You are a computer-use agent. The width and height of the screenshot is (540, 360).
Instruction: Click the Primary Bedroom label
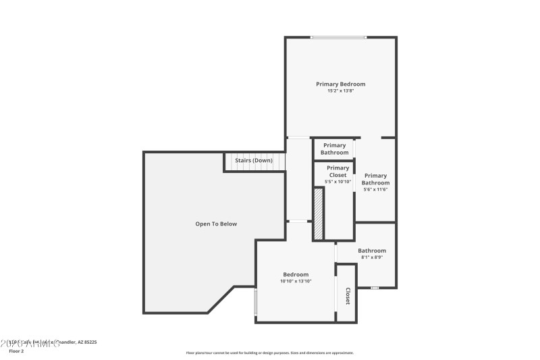click(340, 84)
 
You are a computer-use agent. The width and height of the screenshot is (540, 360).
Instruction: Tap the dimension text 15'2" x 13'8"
click(340, 91)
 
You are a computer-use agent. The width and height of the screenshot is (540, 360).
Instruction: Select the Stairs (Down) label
click(253, 161)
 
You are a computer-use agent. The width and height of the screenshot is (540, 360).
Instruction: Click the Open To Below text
click(216, 224)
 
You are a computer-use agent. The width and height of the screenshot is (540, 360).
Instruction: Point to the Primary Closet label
click(337, 172)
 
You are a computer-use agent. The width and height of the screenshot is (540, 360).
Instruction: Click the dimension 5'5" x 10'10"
click(337, 182)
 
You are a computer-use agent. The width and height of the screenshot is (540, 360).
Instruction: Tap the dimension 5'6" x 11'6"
click(376, 190)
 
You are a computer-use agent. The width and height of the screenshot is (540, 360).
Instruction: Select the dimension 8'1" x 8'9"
click(372, 257)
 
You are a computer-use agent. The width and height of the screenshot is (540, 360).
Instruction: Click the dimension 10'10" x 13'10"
click(296, 281)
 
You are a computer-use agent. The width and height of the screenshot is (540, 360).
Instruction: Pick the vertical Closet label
click(347, 296)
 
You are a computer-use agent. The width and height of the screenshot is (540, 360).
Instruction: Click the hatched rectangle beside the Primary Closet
click(318, 213)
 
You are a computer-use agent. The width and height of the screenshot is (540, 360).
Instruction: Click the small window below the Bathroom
click(375, 288)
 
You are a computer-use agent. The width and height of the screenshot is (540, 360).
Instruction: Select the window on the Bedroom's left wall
click(255, 302)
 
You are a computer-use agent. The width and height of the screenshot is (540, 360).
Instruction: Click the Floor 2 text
click(16, 351)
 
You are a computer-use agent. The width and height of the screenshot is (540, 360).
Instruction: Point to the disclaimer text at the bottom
click(269, 353)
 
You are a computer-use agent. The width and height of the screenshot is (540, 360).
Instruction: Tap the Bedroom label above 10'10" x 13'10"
click(296, 274)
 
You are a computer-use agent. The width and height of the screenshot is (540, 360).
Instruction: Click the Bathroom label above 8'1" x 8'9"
click(372, 251)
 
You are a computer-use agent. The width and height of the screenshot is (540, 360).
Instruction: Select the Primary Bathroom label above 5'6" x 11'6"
click(375, 179)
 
